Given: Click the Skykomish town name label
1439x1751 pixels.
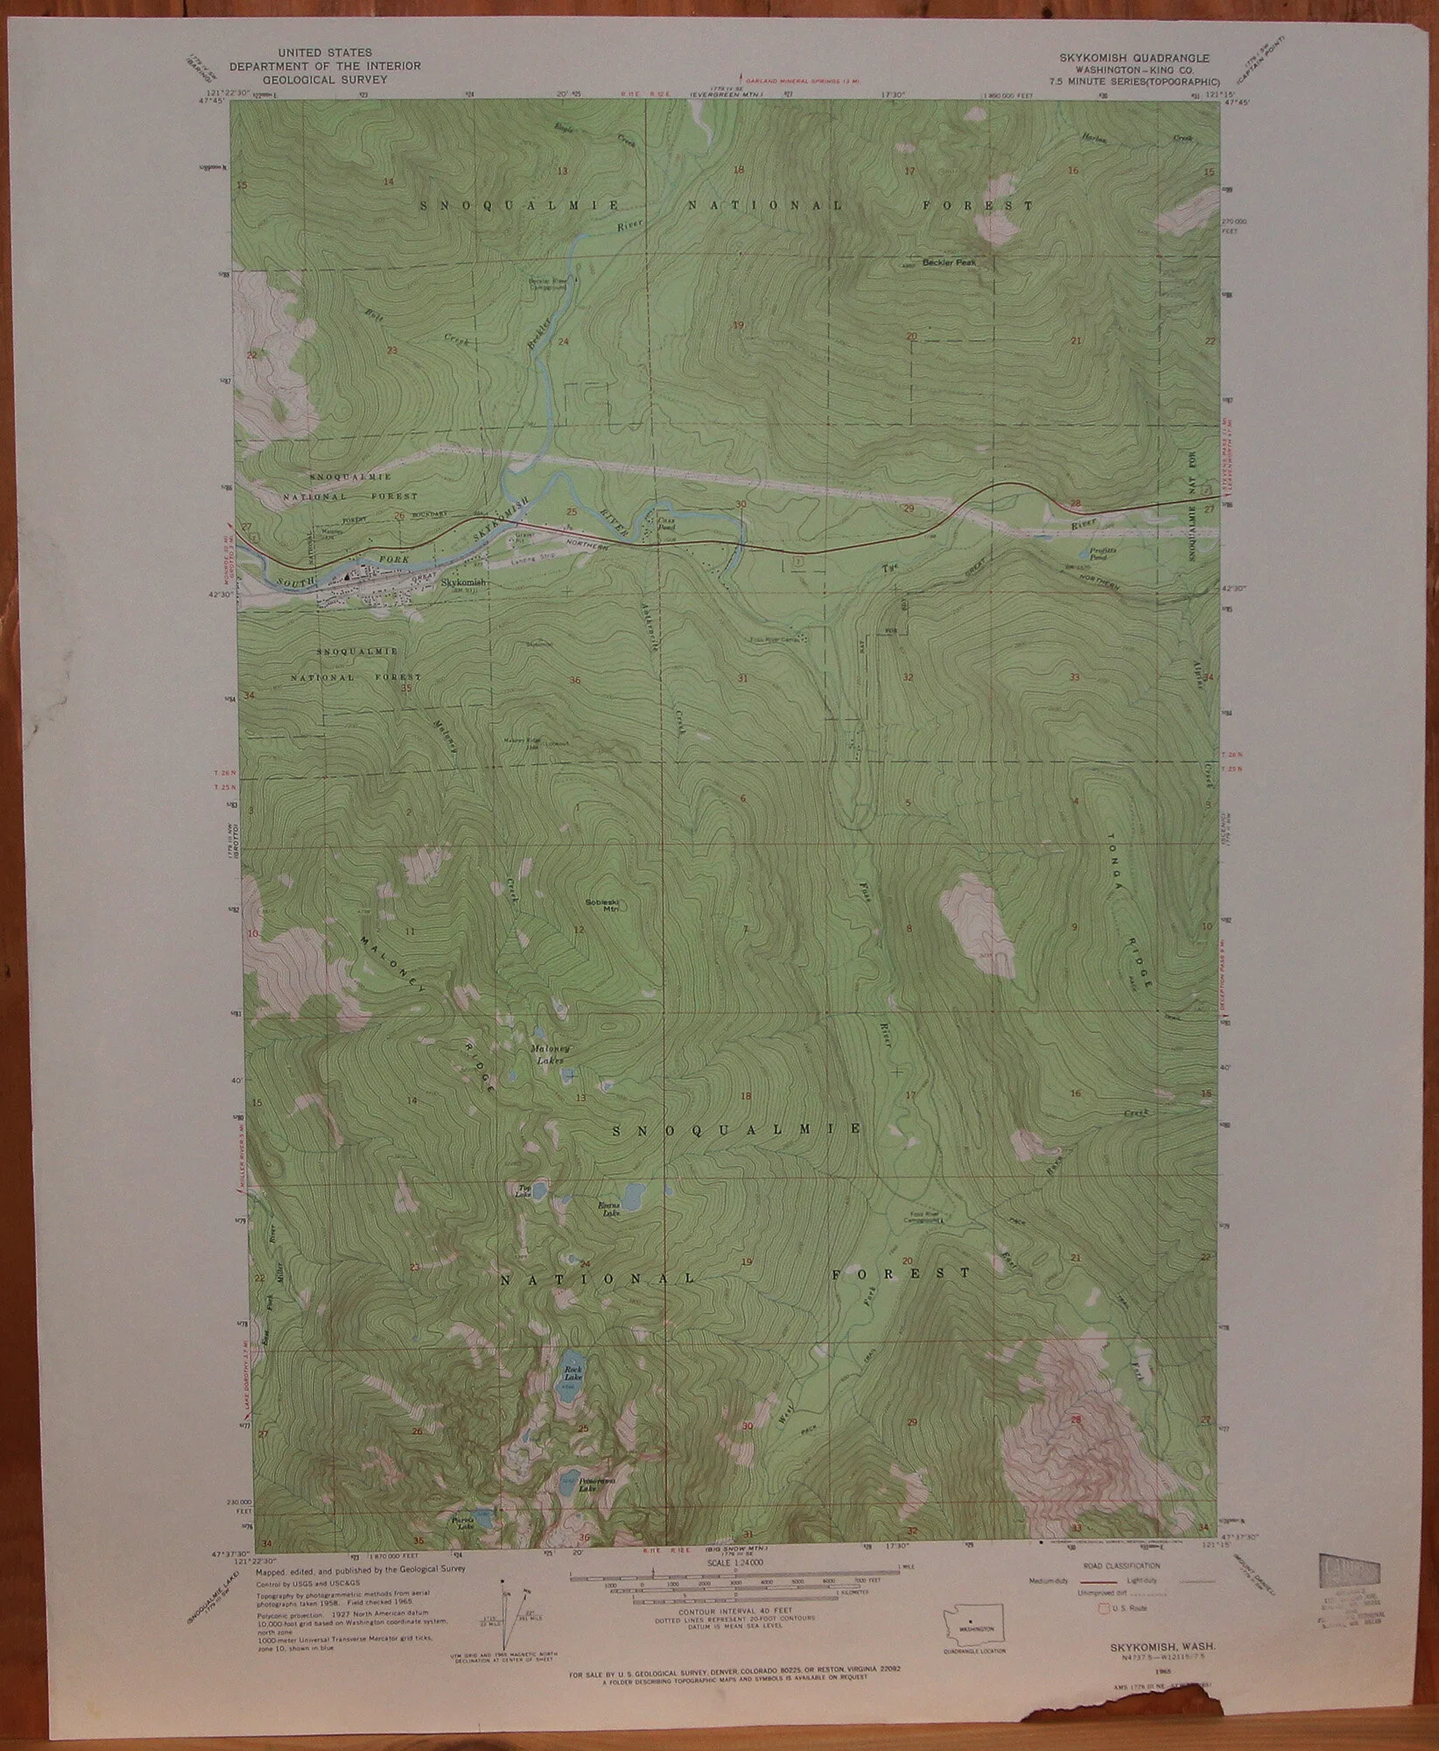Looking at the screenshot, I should [x=462, y=580].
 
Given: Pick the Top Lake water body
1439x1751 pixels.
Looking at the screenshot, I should [x=541, y=1190].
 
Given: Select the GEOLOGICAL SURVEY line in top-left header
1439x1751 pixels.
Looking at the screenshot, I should [x=325, y=78].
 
